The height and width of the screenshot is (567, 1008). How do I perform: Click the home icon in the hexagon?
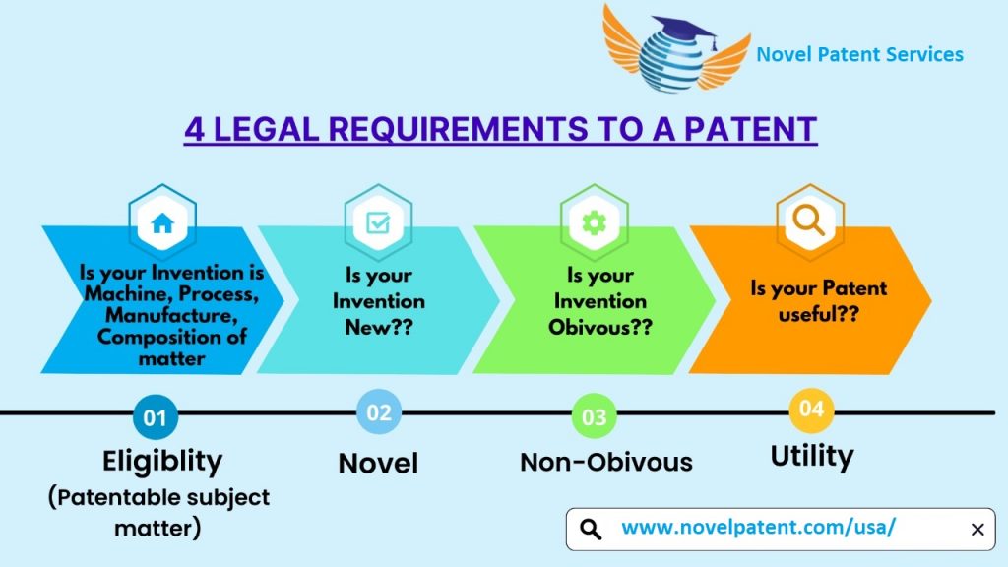click(162, 222)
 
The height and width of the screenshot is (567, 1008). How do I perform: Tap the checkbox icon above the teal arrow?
click(378, 222)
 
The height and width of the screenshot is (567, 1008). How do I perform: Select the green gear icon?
click(594, 223)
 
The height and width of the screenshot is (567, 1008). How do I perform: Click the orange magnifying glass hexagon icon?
click(809, 221)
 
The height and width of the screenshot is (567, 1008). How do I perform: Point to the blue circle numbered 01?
click(156, 417)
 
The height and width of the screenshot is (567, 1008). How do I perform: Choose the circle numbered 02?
click(379, 412)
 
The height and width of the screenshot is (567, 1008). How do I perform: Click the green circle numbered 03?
click(594, 417)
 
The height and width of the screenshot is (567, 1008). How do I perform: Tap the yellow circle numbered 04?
click(811, 409)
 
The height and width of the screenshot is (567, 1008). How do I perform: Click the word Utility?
click(811, 456)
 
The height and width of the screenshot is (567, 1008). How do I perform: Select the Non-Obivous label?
click(605, 462)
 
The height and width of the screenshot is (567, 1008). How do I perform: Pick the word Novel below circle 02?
click(378, 463)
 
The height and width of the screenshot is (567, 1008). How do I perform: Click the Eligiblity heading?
click(162, 461)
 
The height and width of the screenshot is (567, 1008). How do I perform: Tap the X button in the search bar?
click(976, 530)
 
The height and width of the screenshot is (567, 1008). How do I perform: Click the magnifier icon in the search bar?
click(591, 530)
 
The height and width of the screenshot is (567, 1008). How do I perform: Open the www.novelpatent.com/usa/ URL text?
click(758, 528)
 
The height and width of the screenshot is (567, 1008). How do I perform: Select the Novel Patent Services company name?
click(859, 54)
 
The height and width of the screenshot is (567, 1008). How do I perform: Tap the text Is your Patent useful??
click(818, 298)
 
